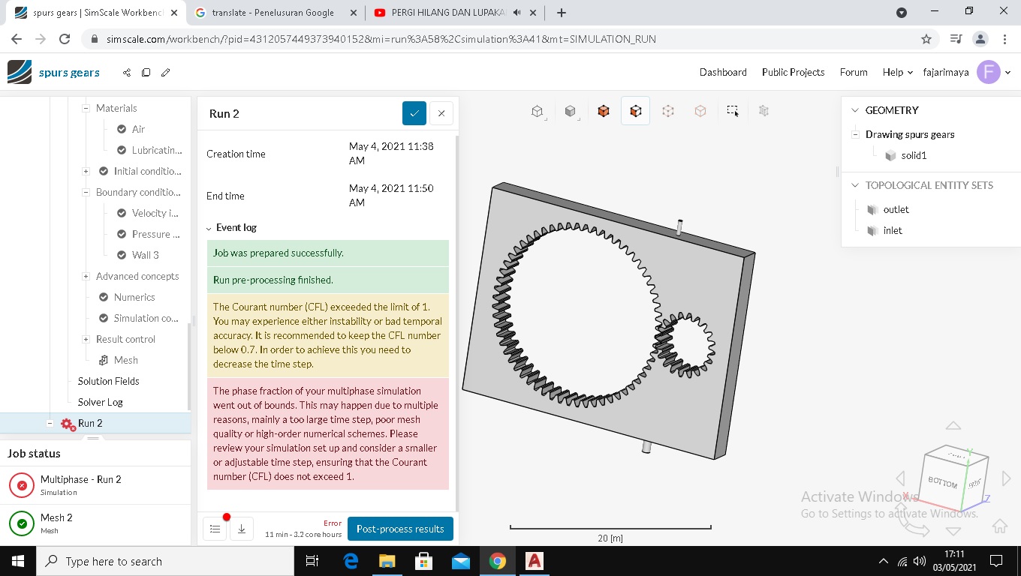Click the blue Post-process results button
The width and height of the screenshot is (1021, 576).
(x=400, y=529)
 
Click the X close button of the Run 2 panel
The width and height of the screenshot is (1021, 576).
(x=441, y=113)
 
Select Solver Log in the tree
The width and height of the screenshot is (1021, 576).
(x=100, y=402)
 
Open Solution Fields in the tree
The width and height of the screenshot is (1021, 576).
(x=108, y=381)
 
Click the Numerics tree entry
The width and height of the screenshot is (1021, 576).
(x=134, y=297)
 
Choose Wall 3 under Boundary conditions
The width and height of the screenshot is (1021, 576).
(x=145, y=255)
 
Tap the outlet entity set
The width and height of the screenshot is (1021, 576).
(x=896, y=209)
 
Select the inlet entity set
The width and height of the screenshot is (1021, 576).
(x=893, y=230)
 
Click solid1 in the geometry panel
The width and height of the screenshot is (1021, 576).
(x=914, y=155)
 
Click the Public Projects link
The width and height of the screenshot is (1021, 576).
(x=793, y=72)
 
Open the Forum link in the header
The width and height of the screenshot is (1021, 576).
(x=854, y=72)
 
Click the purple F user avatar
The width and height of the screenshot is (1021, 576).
(x=988, y=72)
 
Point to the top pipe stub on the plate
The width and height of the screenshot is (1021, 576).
(x=679, y=226)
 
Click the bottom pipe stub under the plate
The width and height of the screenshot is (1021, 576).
(x=646, y=446)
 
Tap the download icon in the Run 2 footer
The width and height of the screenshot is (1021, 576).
(x=242, y=529)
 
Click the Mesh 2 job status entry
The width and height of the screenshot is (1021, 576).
(x=56, y=522)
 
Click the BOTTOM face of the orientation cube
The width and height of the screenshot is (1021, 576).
(x=943, y=482)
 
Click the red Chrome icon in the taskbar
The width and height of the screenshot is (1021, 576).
(x=497, y=561)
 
